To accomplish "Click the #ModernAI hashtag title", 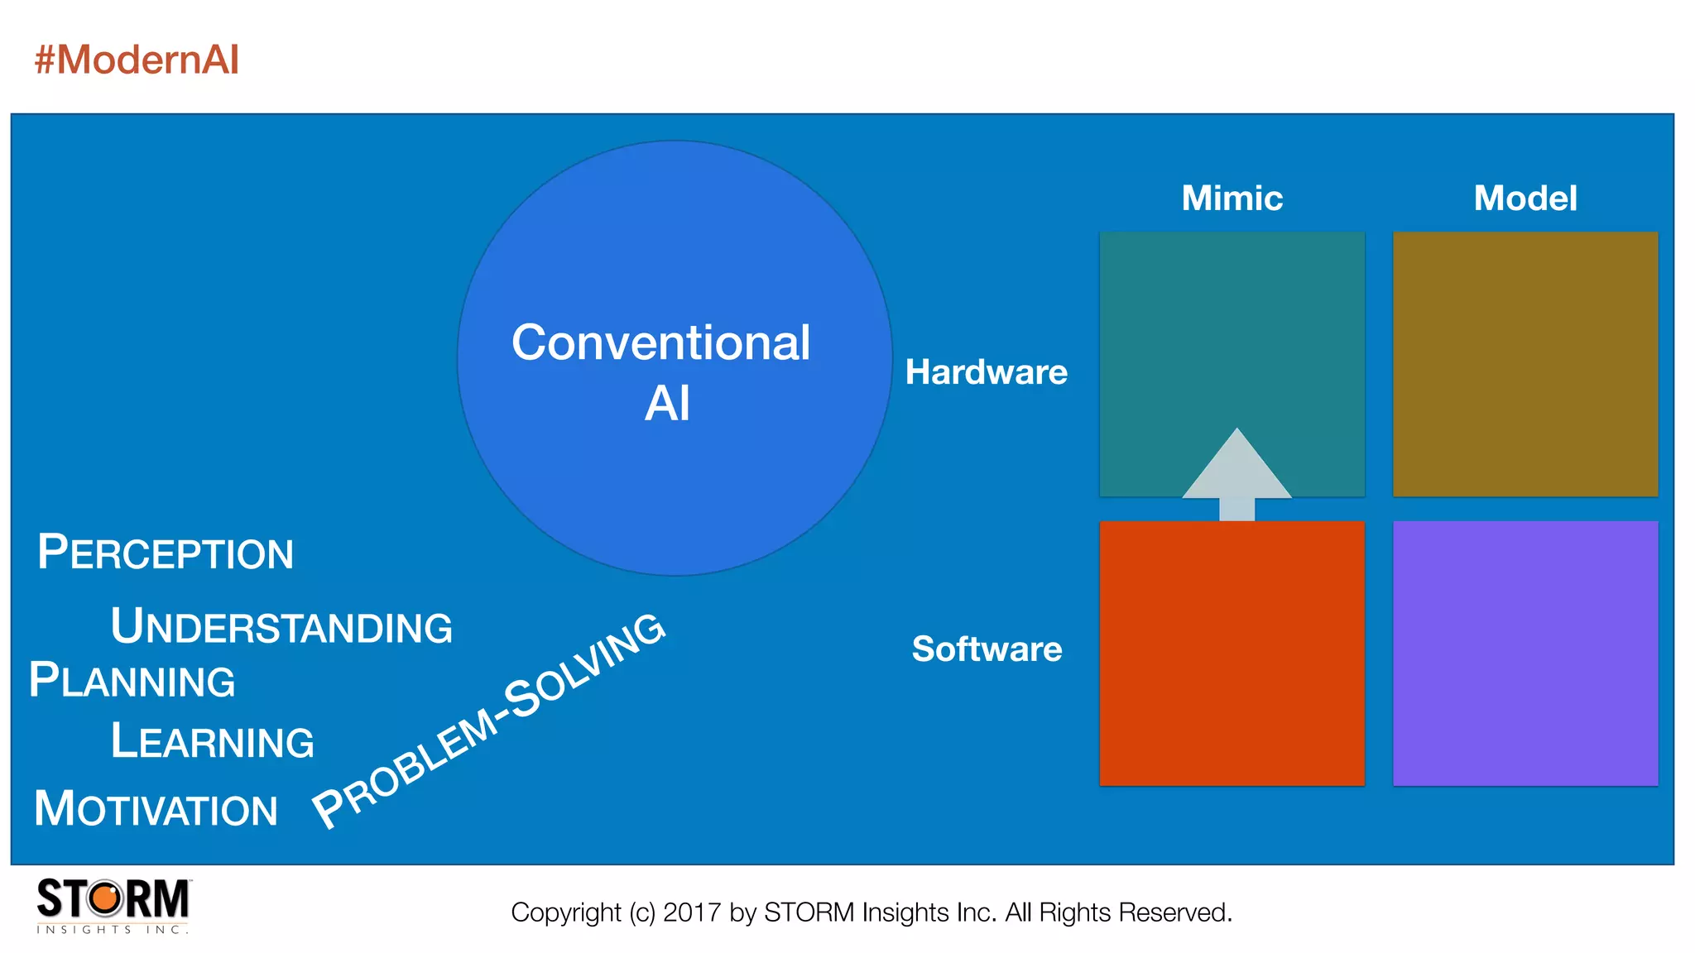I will tap(137, 60).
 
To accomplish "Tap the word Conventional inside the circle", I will tap(660, 342).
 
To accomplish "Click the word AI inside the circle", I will tap(667, 404).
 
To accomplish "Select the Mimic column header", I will tap(1232, 199).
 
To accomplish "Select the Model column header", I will tap(1525, 199).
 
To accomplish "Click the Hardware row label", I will tap(986, 372).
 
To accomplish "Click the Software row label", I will tap(987, 649).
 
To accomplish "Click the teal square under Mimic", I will tap(1232, 331).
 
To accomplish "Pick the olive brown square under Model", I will tap(1525, 364).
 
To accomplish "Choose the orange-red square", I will tap(1232, 654).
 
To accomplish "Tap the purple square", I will tap(1525, 654).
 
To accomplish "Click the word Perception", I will tap(166, 553).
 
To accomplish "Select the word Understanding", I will tap(281, 626).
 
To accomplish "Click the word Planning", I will tap(132, 681).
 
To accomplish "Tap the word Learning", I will tap(213, 741).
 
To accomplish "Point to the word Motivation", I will tap(156, 809).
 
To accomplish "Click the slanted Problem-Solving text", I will tap(488, 720).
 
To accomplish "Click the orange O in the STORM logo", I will tap(105, 898).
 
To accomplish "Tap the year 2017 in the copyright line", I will tap(692, 912).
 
